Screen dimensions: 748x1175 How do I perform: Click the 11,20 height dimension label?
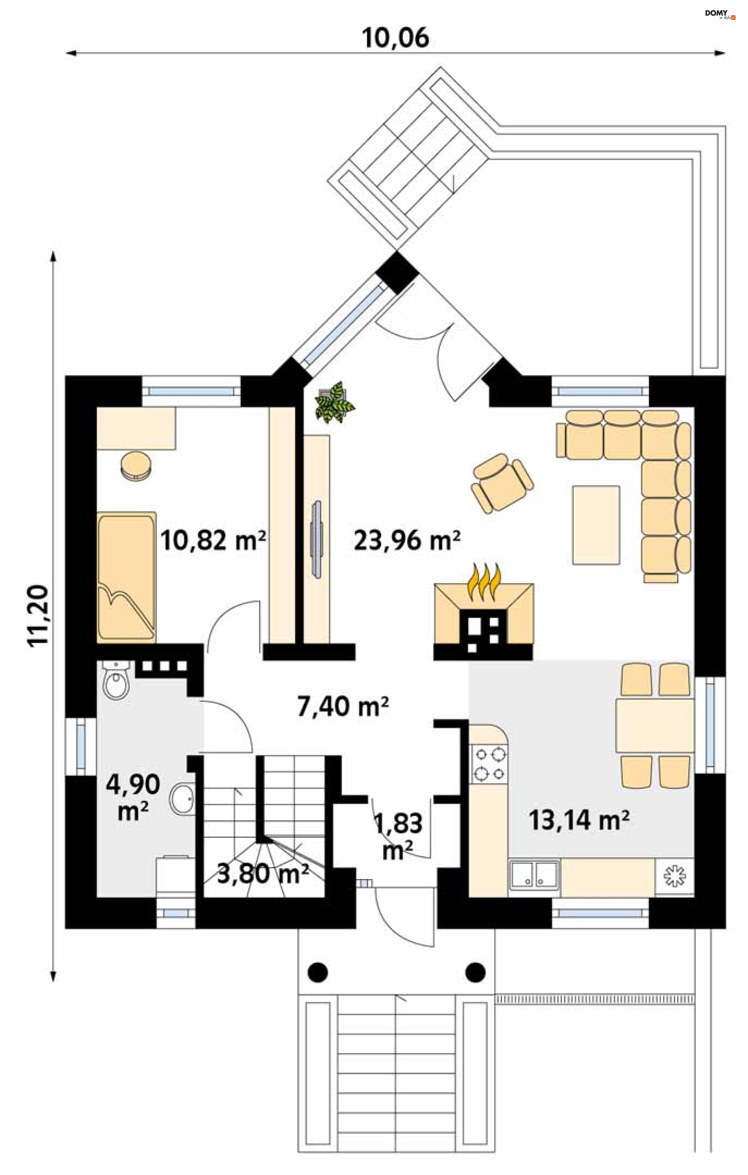[x=38, y=616]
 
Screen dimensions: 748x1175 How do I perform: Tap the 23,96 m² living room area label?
[x=407, y=540]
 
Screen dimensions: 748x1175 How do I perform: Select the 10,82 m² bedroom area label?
[x=213, y=540]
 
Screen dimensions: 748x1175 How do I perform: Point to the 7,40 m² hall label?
[x=343, y=706]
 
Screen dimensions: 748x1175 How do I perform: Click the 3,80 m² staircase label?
[x=263, y=873]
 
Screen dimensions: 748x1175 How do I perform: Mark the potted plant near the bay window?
[x=335, y=401]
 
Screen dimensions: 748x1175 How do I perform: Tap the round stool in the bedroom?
[x=136, y=466]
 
